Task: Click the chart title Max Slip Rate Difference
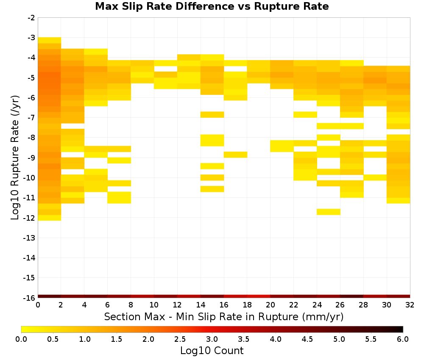coord(165,6)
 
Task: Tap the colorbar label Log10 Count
coord(212,351)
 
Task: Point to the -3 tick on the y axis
coord(31,38)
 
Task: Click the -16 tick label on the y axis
coord(29,298)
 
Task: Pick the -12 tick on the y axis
coord(29,218)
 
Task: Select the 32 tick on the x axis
coord(410,305)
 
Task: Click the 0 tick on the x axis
coord(38,305)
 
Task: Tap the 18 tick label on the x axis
coord(247,305)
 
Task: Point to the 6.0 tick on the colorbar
coord(403,339)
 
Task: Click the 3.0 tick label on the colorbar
coord(212,339)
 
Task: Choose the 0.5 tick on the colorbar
coord(53,339)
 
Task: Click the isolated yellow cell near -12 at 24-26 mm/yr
coord(328,212)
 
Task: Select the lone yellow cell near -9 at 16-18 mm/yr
coord(235,155)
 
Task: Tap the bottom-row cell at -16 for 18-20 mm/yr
coord(259,296)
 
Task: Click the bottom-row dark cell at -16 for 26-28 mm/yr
coord(351,296)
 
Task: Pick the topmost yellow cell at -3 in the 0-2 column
coord(50,40)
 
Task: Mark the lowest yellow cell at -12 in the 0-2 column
coord(50,218)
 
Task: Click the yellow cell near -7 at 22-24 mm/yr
coord(305,114)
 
